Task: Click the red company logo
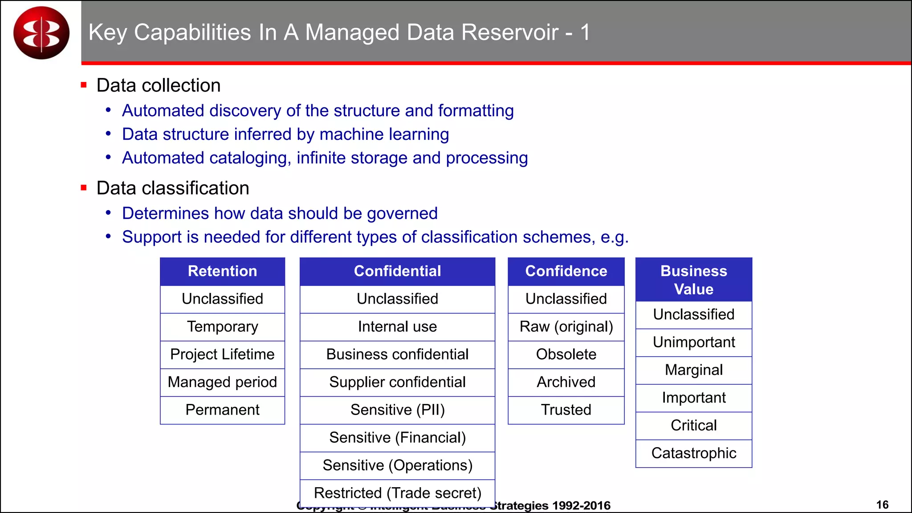click(x=41, y=33)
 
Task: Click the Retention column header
click(x=222, y=271)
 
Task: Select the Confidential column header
click(x=397, y=271)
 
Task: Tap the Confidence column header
click(x=566, y=271)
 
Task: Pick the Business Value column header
click(x=693, y=280)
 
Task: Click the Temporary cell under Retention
click(x=222, y=327)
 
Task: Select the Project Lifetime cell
click(x=222, y=354)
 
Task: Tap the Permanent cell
click(x=222, y=410)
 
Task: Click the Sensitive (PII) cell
click(x=397, y=410)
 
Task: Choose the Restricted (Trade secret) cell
click(x=397, y=493)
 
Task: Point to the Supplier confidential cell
click(x=397, y=382)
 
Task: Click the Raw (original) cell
click(x=566, y=327)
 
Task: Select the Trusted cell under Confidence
click(x=566, y=410)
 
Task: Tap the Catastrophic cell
click(x=693, y=453)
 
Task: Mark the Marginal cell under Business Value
click(x=693, y=370)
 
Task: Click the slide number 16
click(x=882, y=505)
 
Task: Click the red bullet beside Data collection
click(x=83, y=85)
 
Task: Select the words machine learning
click(x=384, y=134)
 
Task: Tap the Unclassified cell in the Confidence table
click(x=566, y=299)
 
